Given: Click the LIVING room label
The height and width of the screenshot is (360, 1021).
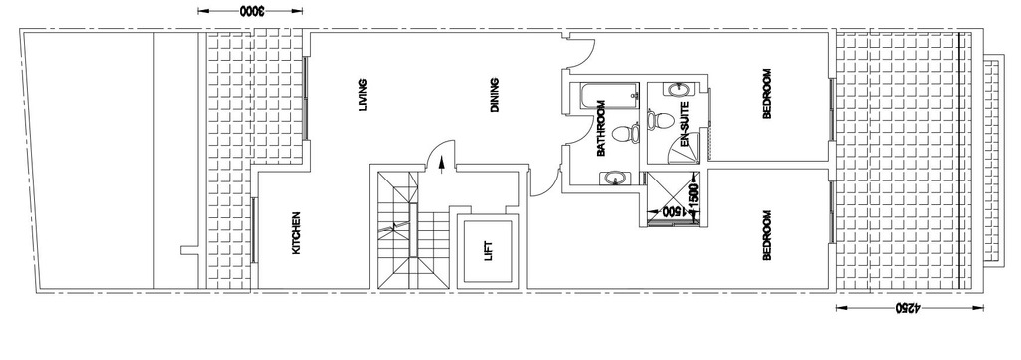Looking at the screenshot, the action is click(363, 95).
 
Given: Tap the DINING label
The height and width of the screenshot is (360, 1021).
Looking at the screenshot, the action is click(495, 95).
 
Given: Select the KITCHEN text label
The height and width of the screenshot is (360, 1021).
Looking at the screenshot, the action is click(296, 233).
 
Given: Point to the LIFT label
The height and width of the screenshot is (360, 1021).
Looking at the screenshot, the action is click(489, 251).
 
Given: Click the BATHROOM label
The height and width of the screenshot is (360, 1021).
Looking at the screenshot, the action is click(601, 129).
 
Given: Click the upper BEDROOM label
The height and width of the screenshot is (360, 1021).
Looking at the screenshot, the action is click(767, 94).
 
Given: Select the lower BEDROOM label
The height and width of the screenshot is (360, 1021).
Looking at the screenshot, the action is click(767, 235).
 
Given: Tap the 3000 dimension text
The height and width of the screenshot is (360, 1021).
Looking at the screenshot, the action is click(250, 11).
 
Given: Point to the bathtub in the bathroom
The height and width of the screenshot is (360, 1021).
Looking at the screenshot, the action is click(607, 97).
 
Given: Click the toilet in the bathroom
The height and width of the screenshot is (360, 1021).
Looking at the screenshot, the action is click(625, 134).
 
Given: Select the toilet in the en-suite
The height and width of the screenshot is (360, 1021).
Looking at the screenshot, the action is click(660, 120).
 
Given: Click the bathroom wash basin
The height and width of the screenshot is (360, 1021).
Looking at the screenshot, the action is click(615, 178).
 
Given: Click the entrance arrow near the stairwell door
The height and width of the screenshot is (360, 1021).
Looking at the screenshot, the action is click(442, 165).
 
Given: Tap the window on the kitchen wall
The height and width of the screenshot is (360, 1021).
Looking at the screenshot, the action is click(254, 229).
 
